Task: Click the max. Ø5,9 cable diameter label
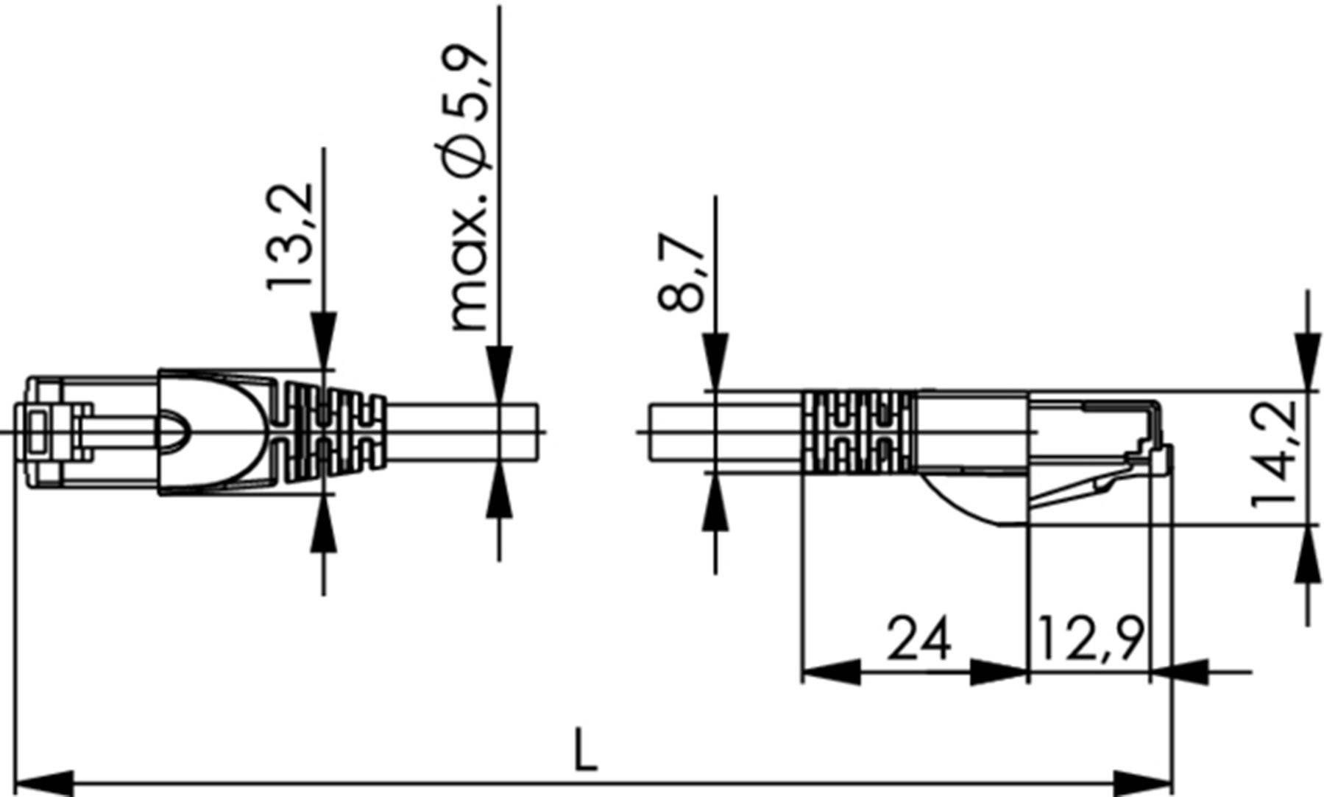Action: point(469,188)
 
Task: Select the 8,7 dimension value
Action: point(682,273)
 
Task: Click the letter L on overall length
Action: point(585,751)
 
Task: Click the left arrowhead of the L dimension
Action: point(44,784)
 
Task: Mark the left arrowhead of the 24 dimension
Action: point(830,672)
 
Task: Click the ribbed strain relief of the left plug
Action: point(335,432)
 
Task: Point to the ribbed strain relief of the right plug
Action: point(857,432)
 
